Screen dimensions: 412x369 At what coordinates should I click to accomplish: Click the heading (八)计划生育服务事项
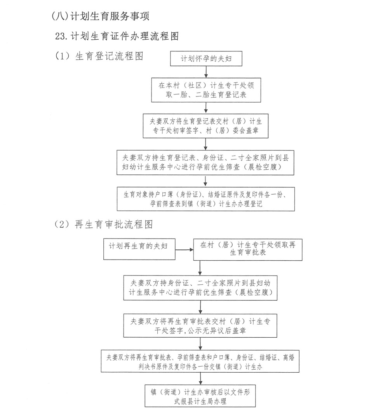pos(100,16)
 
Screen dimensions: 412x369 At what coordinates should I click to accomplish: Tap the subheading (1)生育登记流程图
pos(99,56)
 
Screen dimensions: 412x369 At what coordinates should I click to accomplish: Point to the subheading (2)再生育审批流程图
pos(104,224)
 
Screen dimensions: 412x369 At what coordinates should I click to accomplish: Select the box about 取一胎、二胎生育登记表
pos(206,89)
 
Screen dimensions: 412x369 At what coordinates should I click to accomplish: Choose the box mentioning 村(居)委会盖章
pos(206,126)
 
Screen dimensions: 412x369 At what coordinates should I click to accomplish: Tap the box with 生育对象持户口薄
pos(206,199)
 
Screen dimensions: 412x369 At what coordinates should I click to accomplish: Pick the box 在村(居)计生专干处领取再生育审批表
pos(248,249)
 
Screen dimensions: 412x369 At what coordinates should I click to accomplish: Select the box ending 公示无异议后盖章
pos(200,326)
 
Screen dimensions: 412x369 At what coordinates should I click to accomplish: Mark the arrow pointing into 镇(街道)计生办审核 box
pos(200,379)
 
